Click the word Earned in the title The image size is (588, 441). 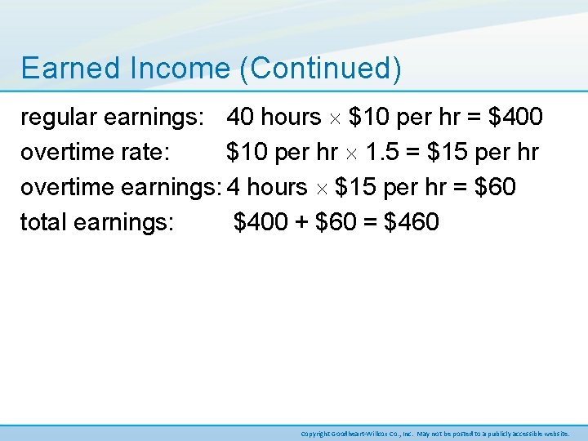61,69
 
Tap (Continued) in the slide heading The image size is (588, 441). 320,69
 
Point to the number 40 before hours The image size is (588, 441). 240,118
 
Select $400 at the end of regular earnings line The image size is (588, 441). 514,118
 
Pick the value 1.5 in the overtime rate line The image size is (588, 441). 385,153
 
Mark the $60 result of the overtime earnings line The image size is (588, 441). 494,187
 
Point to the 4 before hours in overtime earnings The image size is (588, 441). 233,187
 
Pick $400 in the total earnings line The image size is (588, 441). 261,222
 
